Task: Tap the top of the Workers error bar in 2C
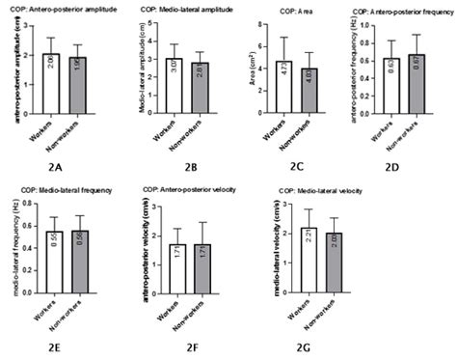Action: click(x=284, y=38)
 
